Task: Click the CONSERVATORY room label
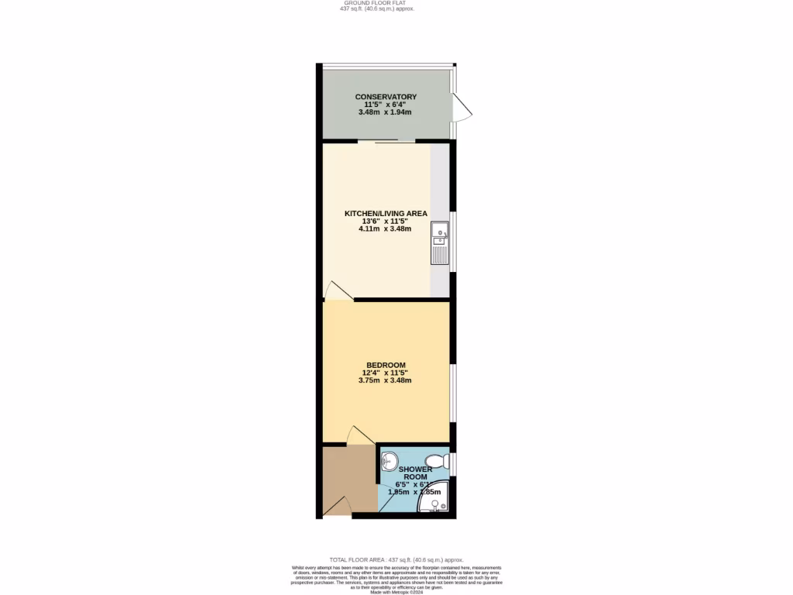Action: [x=385, y=97]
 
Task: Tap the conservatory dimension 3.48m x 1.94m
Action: [x=385, y=112]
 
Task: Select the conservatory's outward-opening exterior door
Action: [x=462, y=108]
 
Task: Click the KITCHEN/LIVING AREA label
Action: [x=385, y=213]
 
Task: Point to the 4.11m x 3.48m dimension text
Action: [x=385, y=229]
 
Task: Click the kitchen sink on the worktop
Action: [x=439, y=230]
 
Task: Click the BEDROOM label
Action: [x=385, y=365]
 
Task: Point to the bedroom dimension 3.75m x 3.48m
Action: [x=385, y=380]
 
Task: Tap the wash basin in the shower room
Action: [x=390, y=460]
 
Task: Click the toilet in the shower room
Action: [x=438, y=461]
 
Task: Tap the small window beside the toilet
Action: [x=454, y=464]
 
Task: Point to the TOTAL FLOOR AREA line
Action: [x=396, y=559]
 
